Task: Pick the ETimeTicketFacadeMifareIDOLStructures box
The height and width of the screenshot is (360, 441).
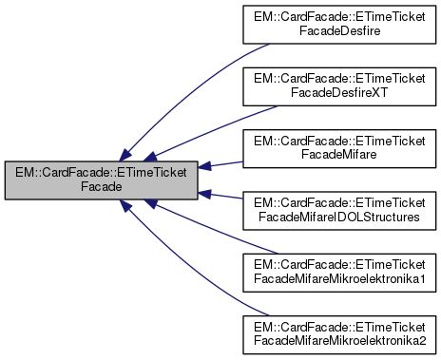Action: tap(336, 211)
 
